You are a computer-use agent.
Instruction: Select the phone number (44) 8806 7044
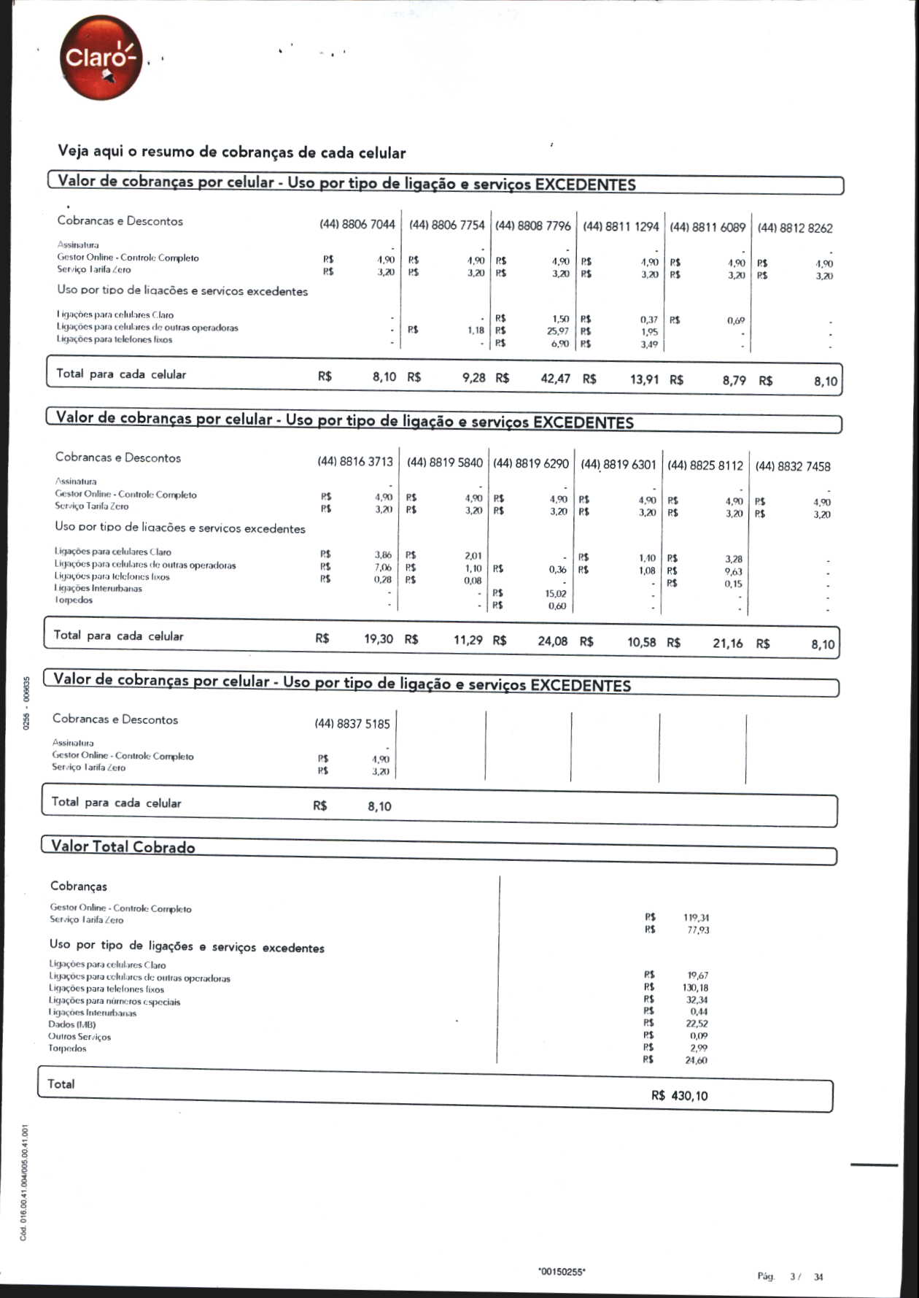point(357,225)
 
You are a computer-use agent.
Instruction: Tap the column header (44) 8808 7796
point(532,226)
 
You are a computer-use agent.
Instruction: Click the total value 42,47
point(555,378)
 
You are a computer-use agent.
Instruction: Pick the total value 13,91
point(644,379)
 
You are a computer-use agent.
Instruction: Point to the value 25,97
point(558,331)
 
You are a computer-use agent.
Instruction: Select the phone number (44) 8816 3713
point(354,462)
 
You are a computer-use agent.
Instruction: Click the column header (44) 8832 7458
point(792,466)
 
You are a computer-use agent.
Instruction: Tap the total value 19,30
point(379,639)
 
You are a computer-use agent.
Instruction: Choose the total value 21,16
point(727,643)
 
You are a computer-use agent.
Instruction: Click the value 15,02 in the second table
point(555,594)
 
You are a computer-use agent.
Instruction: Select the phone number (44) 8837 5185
point(352,724)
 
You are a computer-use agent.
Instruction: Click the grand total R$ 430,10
point(679,1096)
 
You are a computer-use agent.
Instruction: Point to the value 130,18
point(695,988)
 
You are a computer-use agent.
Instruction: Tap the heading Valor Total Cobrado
point(123,847)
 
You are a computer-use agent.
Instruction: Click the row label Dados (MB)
point(71,1024)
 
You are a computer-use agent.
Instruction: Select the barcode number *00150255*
point(561,1272)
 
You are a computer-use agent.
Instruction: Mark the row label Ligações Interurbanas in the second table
point(98,588)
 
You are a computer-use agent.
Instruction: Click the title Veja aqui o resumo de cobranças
point(231,152)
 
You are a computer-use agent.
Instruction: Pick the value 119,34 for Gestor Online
point(696,918)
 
